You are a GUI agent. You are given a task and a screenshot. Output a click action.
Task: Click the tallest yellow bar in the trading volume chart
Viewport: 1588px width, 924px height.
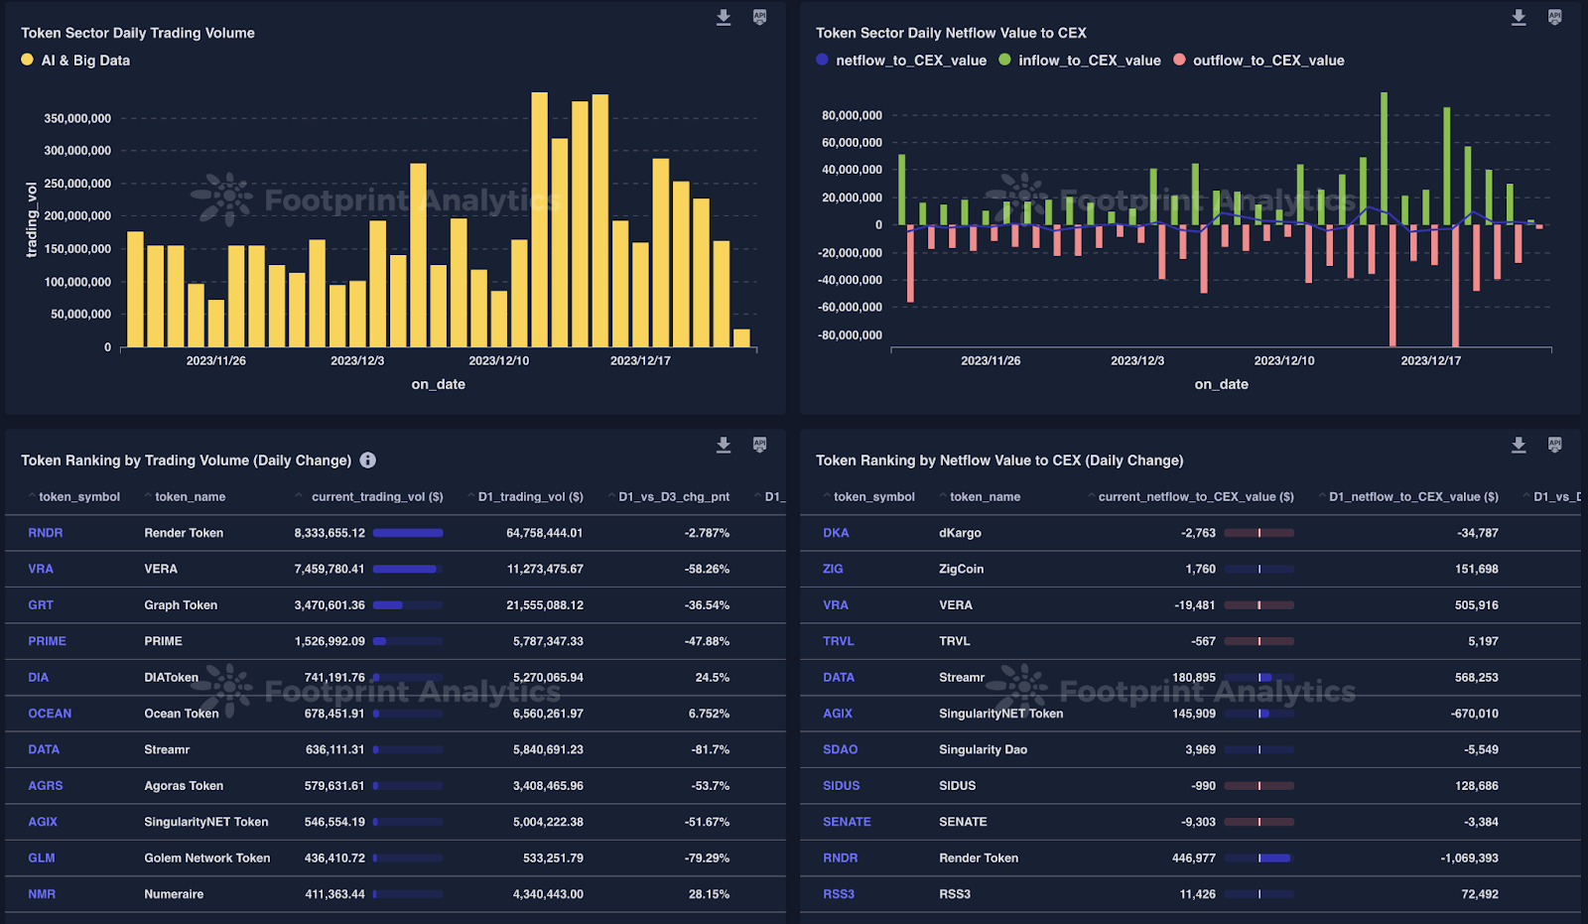[539, 218]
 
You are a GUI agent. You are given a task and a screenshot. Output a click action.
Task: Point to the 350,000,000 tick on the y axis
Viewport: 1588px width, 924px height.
[77, 118]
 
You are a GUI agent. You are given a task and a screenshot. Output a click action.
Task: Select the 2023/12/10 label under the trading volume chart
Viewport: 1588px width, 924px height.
[498, 360]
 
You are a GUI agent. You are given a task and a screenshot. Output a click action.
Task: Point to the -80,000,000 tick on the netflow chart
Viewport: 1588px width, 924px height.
[851, 335]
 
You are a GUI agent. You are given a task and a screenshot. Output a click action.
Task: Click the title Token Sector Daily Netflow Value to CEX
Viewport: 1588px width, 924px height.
[951, 33]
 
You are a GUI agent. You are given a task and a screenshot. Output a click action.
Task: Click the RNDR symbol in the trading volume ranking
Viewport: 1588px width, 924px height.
[46, 533]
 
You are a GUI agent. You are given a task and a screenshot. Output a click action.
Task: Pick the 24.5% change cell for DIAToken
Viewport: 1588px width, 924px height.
[712, 678]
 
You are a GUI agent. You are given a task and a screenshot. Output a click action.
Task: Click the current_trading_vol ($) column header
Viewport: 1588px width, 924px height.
[376, 497]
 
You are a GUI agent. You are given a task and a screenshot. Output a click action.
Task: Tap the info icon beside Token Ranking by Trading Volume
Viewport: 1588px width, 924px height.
[368, 461]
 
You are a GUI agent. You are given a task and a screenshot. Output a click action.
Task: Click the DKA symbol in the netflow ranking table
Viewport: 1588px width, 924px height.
[836, 533]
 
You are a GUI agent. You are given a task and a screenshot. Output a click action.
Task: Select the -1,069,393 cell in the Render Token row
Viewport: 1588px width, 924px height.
[1469, 858]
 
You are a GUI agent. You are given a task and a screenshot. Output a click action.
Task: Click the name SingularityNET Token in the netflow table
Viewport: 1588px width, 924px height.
[1000, 714]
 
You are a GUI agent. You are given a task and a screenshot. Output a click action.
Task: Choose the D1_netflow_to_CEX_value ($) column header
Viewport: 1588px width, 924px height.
[1413, 497]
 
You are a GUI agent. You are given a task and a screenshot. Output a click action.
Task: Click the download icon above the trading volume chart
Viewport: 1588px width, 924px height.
[724, 18]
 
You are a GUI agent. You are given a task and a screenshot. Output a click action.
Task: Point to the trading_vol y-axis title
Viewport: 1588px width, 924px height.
[32, 219]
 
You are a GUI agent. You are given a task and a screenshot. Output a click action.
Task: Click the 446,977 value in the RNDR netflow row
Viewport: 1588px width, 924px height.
[1193, 858]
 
